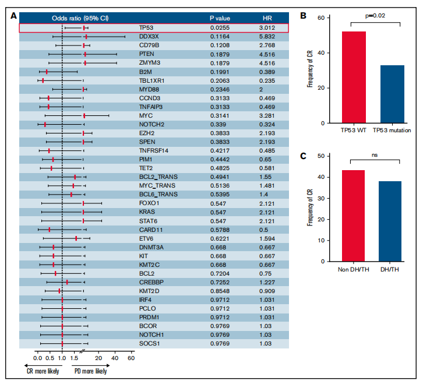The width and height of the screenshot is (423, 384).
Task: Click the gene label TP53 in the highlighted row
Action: pos(146,27)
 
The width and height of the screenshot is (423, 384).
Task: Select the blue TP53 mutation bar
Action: pos(392,94)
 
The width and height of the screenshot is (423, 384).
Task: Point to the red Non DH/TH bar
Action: pos(354,216)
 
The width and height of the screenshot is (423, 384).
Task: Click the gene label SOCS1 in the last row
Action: pos(149,344)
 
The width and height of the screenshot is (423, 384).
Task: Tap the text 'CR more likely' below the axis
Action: pos(43,371)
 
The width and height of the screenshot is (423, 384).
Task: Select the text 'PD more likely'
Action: pos(90,371)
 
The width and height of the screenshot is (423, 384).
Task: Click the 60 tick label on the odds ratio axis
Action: pos(131,358)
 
